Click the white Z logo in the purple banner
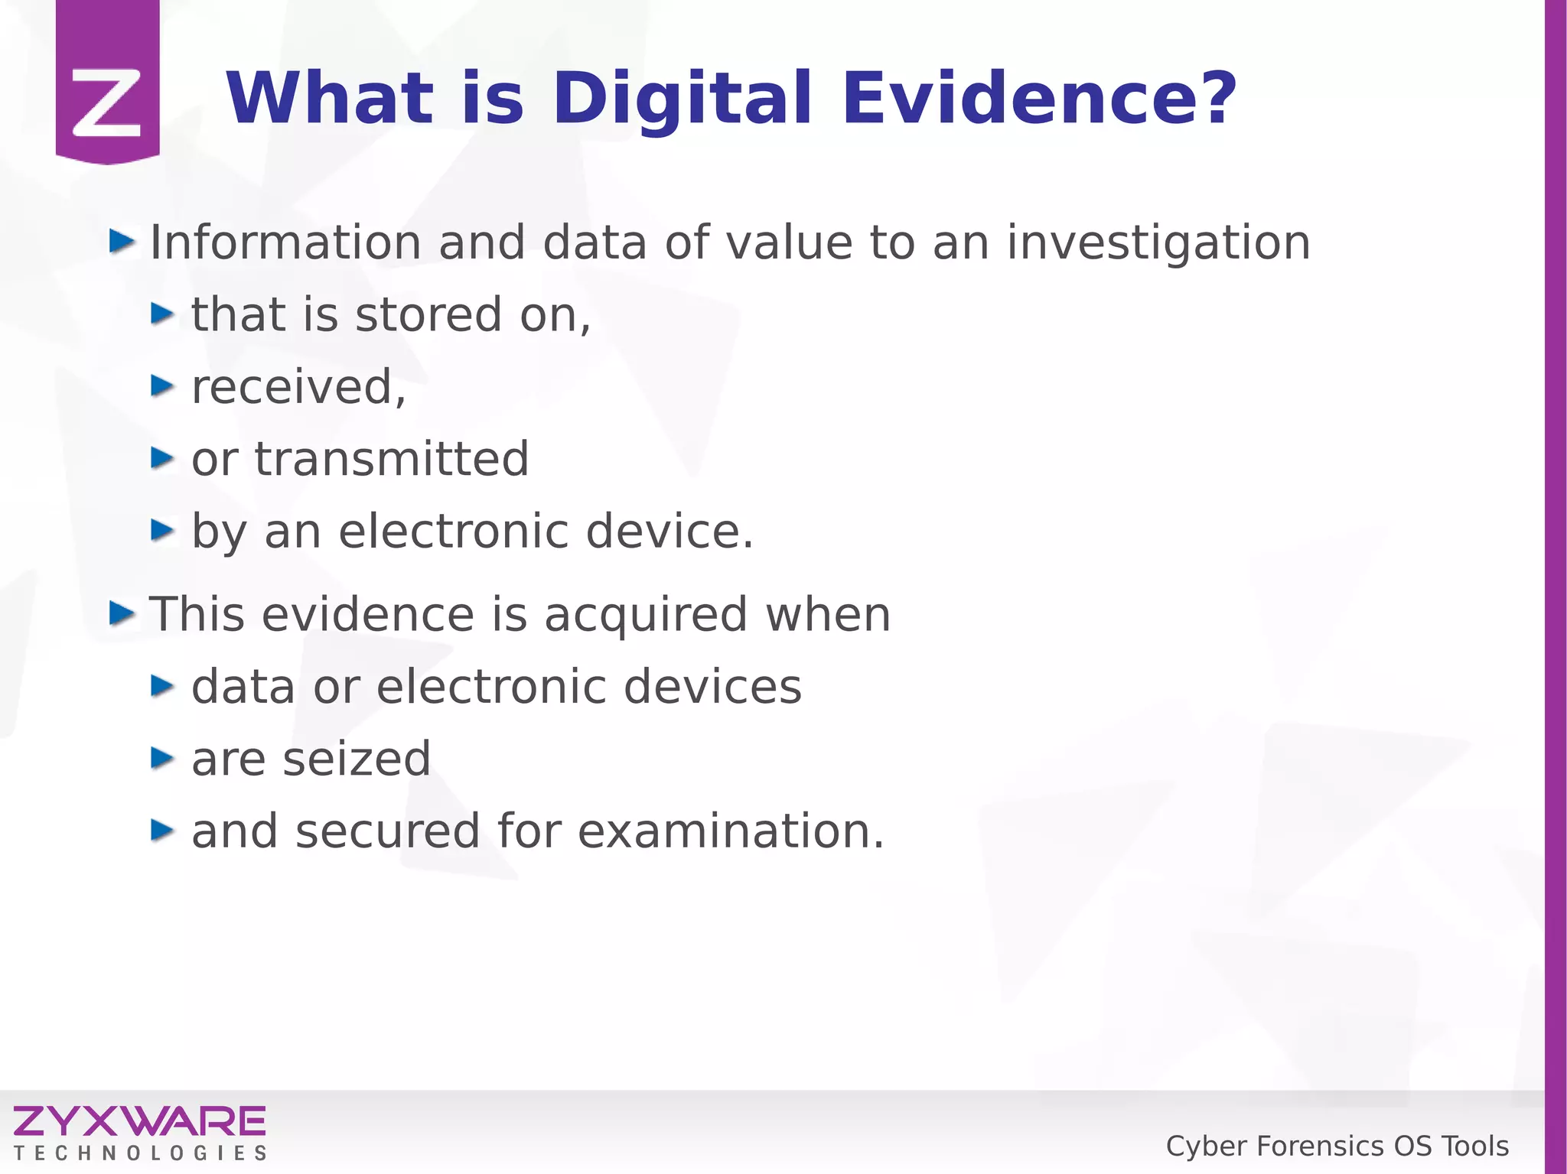[x=107, y=102]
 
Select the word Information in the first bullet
[x=285, y=242]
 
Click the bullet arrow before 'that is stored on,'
[x=162, y=314]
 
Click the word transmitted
[x=392, y=459]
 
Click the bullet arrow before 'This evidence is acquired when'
[x=121, y=613]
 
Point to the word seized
[x=357, y=759]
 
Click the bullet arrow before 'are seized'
[x=162, y=758]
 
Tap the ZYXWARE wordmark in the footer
[x=139, y=1122]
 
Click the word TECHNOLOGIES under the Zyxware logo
[x=139, y=1153]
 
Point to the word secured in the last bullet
[x=387, y=831]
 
